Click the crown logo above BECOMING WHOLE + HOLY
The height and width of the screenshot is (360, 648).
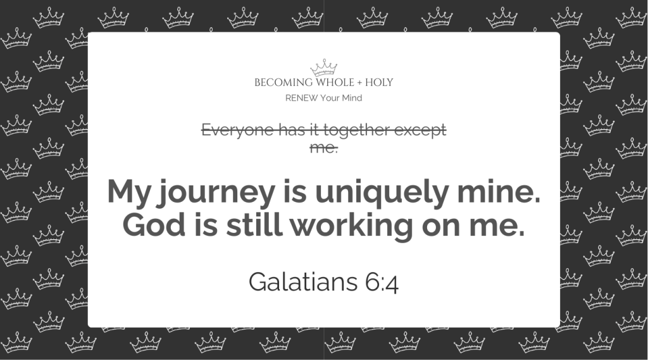tap(323, 68)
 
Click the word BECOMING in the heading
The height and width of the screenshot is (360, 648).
tap(283, 83)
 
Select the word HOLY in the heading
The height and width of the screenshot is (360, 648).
tap(379, 83)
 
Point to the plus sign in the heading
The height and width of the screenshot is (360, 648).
tap(359, 83)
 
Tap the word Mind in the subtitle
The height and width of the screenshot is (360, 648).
tap(352, 98)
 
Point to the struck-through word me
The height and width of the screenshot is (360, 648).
tap(323, 147)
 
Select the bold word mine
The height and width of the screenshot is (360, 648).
tap(499, 192)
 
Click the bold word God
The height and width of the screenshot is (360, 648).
tap(154, 225)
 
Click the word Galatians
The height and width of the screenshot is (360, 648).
tap(303, 282)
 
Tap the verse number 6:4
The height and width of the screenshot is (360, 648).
tap(382, 282)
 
